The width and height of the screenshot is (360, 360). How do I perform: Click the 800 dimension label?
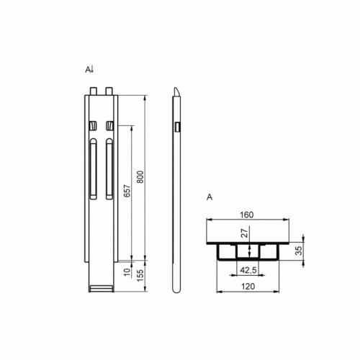140,177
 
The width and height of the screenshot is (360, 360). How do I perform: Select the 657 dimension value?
127,191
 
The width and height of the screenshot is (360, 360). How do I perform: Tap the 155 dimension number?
140,275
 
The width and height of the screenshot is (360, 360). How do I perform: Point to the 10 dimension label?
127,272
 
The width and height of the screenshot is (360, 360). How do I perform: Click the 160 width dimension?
247,215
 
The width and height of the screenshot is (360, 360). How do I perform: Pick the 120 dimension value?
248,287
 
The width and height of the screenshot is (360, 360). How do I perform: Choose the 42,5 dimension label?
248,270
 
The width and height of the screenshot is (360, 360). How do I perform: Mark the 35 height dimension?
299,251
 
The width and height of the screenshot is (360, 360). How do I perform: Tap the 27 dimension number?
244,233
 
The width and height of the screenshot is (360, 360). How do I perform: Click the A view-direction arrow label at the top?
90,70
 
